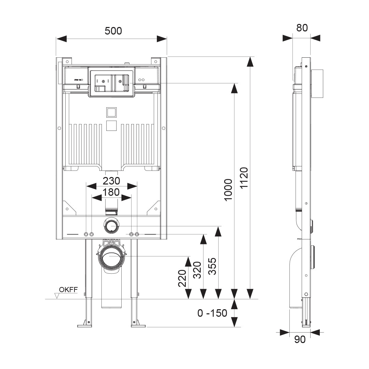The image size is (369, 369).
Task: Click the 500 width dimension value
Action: point(113,31)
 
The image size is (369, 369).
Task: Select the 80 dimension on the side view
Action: point(302,28)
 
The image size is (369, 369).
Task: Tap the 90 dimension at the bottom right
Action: point(300,339)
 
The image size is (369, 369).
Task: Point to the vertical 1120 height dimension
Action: point(243,178)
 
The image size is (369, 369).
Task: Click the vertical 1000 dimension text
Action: point(228,190)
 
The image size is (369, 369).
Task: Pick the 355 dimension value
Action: point(212,266)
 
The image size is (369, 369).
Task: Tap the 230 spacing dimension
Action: point(112,180)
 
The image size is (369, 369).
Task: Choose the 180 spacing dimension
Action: point(112,192)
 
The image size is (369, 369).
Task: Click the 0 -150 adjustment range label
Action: point(212,313)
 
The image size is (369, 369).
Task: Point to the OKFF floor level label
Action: point(68,290)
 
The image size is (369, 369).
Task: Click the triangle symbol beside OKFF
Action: point(57,295)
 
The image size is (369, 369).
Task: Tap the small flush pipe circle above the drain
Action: point(111,225)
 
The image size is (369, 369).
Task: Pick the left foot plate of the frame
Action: point(85,325)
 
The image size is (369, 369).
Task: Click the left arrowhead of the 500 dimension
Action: point(61,39)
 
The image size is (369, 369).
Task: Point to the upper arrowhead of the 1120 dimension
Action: point(250,62)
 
